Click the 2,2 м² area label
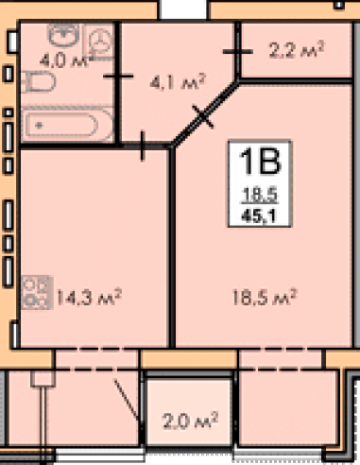click(x=296, y=49)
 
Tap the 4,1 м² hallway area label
click(x=178, y=82)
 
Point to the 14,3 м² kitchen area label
click(x=89, y=297)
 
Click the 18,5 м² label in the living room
click(x=265, y=297)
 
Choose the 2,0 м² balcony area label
click(x=190, y=421)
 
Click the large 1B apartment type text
click(x=260, y=162)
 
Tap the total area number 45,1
click(x=259, y=216)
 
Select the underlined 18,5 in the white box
click(x=259, y=194)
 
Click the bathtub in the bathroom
click(x=67, y=125)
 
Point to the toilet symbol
click(x=39, y=81)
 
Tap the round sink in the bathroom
click(x=63, y=33)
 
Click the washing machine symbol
click(x=98, y=42)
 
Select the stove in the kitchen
click(x=37, y=292)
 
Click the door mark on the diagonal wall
click(x=203, y=116)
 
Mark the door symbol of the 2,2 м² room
click(x=238, y=51)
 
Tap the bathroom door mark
click(x=118, y=76)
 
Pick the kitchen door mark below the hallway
click(x=143, y=146)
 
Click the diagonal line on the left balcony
click(x=126, y=400)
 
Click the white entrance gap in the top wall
click(x=183, y=9)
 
